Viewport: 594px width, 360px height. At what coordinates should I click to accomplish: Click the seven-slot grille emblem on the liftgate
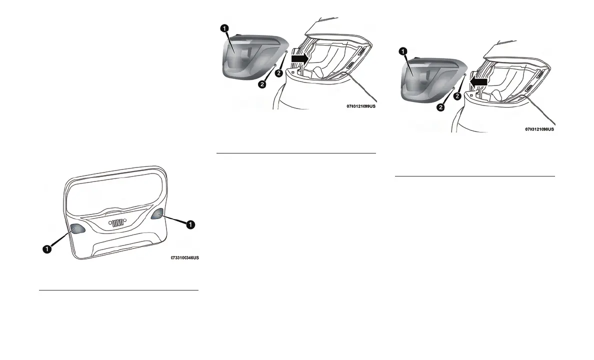[117, 223]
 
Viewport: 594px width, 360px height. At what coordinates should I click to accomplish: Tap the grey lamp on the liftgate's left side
[76, 229]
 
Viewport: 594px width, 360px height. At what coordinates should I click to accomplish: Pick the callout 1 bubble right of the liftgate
[190, 225]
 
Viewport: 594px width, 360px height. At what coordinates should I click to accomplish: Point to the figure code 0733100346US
[184, 258]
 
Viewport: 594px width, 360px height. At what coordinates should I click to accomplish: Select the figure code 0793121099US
[360, 106]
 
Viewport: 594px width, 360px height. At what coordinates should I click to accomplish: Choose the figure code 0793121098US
[539, 128]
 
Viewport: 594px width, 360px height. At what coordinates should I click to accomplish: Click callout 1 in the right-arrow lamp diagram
[225, 28]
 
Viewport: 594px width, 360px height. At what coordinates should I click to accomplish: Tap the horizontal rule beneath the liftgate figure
[118, 289]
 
